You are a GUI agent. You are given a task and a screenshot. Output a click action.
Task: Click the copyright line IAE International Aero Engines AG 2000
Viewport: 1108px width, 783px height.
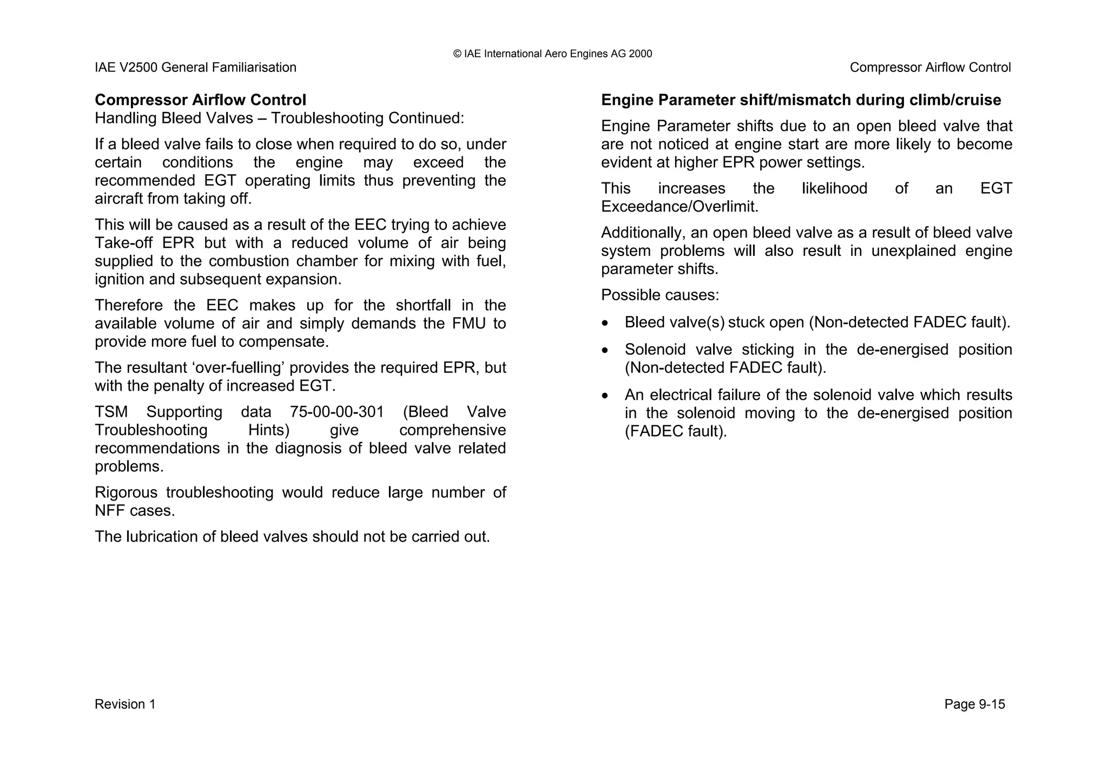[552, 54]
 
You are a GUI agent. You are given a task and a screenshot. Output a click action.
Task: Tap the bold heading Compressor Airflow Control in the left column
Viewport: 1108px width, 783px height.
[200, 100]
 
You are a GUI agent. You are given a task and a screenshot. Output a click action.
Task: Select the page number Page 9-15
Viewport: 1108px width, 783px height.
[974, 704]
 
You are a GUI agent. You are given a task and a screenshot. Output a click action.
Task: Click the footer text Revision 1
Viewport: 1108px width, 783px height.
[125, 704]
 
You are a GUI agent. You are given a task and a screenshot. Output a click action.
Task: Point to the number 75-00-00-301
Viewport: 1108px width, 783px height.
[337, 412]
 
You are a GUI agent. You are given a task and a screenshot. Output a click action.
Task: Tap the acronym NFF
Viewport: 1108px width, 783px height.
[110, 511]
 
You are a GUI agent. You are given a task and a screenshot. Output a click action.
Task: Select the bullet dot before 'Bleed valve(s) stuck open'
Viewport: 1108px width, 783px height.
[605, 323]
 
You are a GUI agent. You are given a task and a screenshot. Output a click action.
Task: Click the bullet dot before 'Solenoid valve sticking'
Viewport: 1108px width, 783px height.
[605, 350]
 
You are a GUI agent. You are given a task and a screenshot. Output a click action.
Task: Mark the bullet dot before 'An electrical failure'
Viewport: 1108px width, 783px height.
[605, 396]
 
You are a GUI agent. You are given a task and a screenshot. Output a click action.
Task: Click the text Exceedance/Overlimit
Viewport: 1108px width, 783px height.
[680, 207]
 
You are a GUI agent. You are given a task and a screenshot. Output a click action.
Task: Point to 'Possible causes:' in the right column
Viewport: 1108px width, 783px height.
[659, 295]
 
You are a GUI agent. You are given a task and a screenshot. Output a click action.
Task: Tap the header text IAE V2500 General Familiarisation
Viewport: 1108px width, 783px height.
[195, 68]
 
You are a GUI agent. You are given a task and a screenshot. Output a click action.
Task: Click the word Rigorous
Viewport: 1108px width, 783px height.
[126, 492]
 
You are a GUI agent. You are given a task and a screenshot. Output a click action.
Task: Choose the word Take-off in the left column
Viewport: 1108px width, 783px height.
[123, 243]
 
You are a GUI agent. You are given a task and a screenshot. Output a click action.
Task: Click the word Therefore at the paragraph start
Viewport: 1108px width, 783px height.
[129, 305]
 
